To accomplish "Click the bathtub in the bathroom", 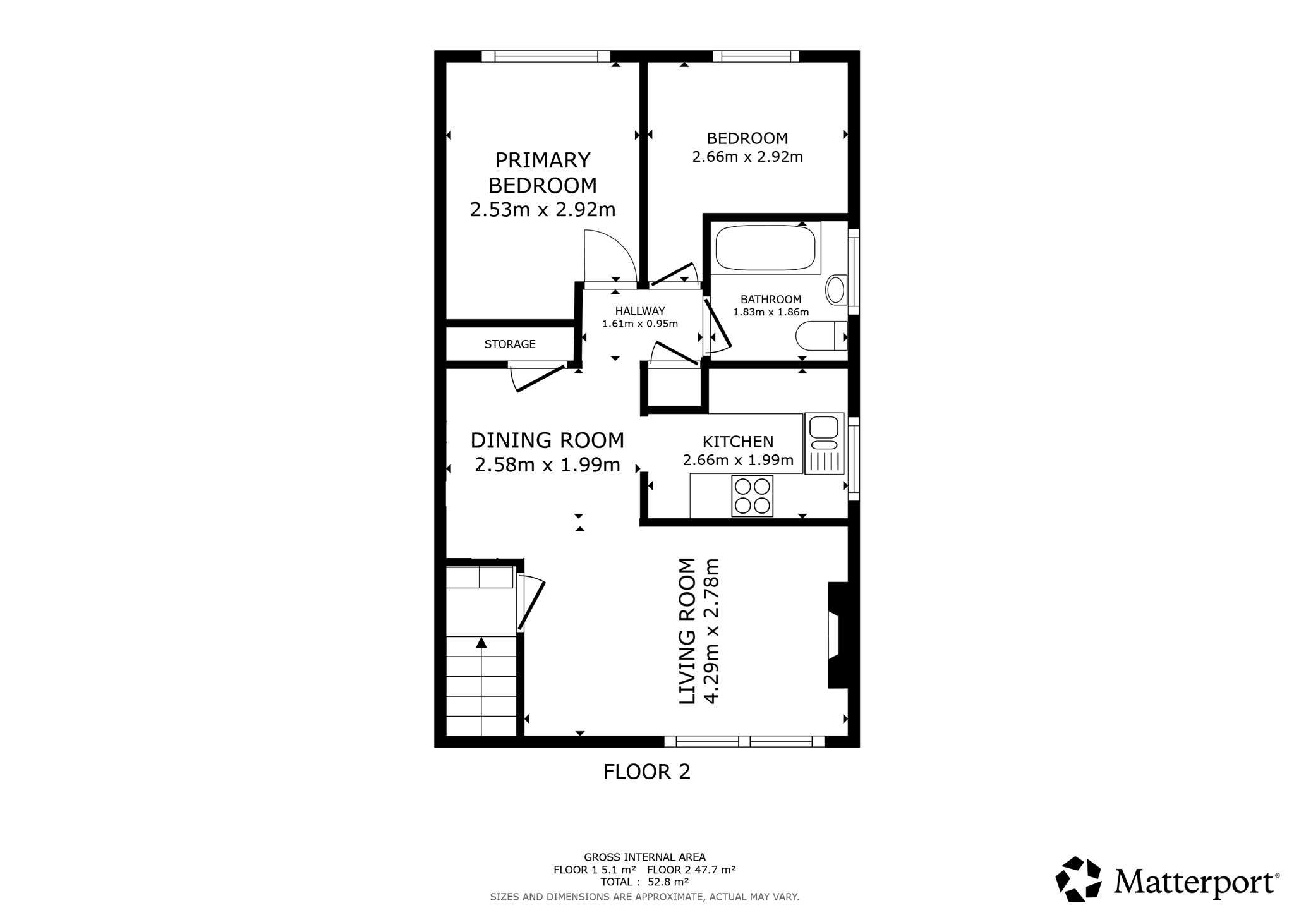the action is click(x=765, y=248).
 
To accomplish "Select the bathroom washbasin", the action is click(x=837, y=290).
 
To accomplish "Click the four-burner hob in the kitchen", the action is click(x=752, y=496).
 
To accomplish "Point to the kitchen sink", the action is click(x=824, y=444).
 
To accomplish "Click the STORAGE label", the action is click(x=510, y=344).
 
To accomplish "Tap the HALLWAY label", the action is click(x=640, y=311).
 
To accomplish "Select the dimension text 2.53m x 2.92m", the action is click(x=543, y=210).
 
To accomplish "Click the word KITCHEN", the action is click(x=738, y=442).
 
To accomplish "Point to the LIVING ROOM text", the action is click(x=687, y=631).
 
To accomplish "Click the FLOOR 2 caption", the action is click(x=647, y=772).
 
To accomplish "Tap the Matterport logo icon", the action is click(x=1079, y=879).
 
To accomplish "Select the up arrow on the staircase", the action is click(x=481, y=643).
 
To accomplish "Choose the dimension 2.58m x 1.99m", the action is click(x=547, y=465).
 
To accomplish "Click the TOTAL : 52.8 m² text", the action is click(x=644, y=882).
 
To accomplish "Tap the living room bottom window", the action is click(x=744, y=741).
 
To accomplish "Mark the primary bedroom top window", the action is click(x=546, y=56).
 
